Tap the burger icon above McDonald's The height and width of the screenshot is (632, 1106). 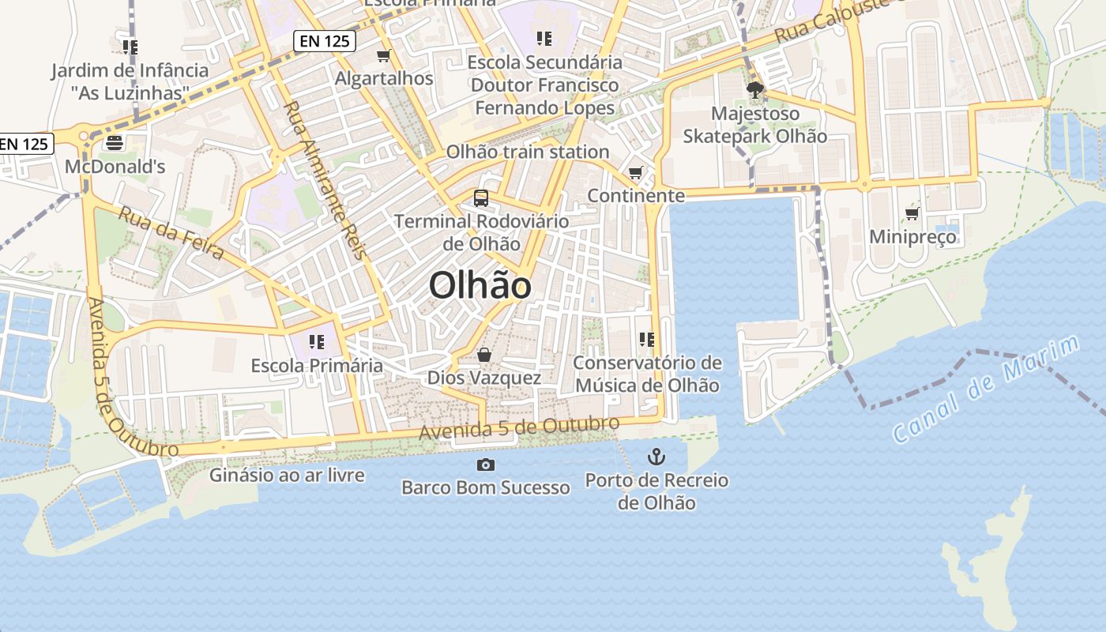pos(115,144)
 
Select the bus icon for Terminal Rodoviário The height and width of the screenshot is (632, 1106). pos(481,198)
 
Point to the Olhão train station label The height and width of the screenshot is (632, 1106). pos(528,152)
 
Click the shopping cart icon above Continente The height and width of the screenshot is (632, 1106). pos(636,172)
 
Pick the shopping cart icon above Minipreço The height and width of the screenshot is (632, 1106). pos(912,213)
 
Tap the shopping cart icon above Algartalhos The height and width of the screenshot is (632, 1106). pos(384,55)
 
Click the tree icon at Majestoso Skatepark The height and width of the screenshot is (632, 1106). pos(755,89)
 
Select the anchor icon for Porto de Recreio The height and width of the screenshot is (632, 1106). pos(656,456)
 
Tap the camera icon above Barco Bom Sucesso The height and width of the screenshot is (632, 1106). pos(485,465)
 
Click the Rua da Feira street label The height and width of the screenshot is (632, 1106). pos(171,232)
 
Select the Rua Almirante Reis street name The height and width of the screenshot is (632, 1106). pos(325,180)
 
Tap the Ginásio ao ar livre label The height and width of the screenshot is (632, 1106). pos(287,475)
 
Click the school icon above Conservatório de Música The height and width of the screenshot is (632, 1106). pos(647,340)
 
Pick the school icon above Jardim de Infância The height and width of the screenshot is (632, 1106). pos(131,47)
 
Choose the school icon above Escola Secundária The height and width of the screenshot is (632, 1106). pos(544,38)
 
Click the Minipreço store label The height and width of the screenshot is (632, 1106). pos(912,236)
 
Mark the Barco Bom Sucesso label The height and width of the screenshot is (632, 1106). pos(485,487)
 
